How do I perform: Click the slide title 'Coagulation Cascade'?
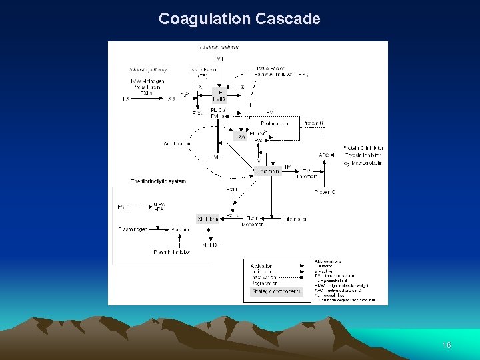click(x=239, y=19)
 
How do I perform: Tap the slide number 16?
click(x=447, y=345)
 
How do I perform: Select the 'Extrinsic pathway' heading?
click(x=219, y=47)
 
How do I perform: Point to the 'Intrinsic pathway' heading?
click(x=148, y=69)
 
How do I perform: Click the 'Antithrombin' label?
click(x=177, y=144)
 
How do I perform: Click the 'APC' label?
click(x=324, y=156)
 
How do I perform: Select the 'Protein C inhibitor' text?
click(x=363, y=148)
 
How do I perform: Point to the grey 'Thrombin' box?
click(x=269, y=171)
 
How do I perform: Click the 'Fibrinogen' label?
click(x=296, y=218)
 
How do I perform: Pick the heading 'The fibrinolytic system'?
click(x=158, y=181)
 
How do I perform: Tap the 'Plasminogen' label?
click(x=133, y=230)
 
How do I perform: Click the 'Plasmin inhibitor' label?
click(x=172, y=252)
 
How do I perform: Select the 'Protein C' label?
click(x=325, y=192)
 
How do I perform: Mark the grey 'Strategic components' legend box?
click(x=275, y=291)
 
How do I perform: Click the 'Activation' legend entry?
click(x=261, y=266)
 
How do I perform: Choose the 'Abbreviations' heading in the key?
click(x=328, y=261)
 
